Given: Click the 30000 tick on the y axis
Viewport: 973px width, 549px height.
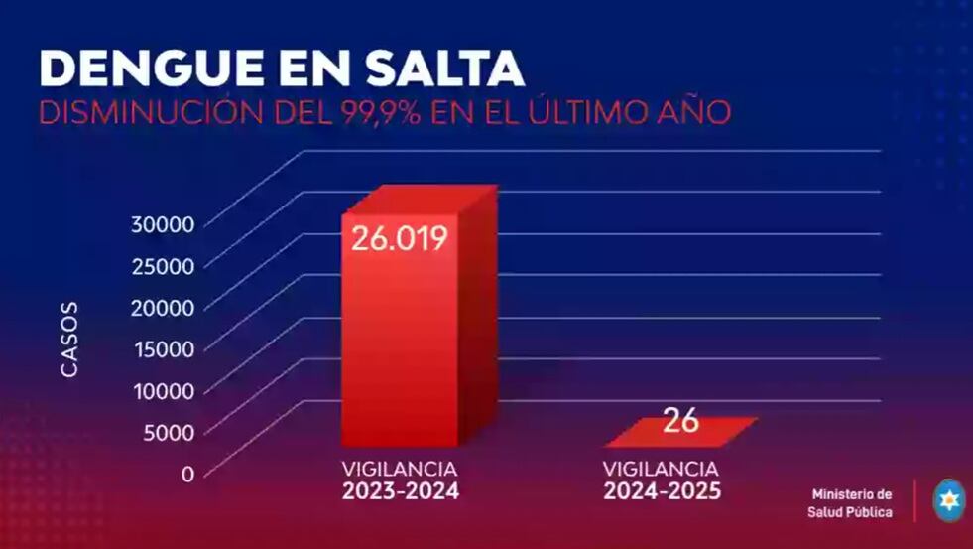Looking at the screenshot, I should [163, 223].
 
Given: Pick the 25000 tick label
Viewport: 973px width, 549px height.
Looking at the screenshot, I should [163, 265].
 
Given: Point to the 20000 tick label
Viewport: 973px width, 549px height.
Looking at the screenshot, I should [163, 307].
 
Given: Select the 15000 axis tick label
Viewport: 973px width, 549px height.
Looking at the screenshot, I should [163, 348].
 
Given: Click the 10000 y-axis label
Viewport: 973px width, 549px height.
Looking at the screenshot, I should [163, 390].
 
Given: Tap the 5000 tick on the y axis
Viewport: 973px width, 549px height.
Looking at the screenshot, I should [169, 432].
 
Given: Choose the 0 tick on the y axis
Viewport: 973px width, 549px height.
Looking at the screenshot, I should [187, 474].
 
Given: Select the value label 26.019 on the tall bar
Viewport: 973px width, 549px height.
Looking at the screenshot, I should [399, 239].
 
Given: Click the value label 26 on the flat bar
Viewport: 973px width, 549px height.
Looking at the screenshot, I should [681, 421].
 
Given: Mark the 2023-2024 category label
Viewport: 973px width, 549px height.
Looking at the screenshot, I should [401, 490].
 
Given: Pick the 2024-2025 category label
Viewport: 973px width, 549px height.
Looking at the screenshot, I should [663, 490].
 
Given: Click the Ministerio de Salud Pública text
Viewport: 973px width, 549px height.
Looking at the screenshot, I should [852, 503].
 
